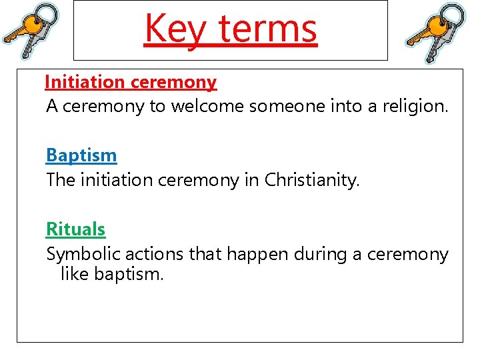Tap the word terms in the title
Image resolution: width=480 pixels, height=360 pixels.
coord(267,29)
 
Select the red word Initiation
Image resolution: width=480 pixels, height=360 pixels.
coord(85,83)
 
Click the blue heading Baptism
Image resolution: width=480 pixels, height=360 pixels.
coord(81,156)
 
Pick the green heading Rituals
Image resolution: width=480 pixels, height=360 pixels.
coord(75,229)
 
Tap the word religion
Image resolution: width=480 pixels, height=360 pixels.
coord(413,106)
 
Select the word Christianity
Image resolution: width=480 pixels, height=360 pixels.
coord(311,180)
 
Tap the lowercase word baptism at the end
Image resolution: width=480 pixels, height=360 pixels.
coord(129,273)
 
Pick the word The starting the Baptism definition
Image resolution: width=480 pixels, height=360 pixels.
coord(61,180)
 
